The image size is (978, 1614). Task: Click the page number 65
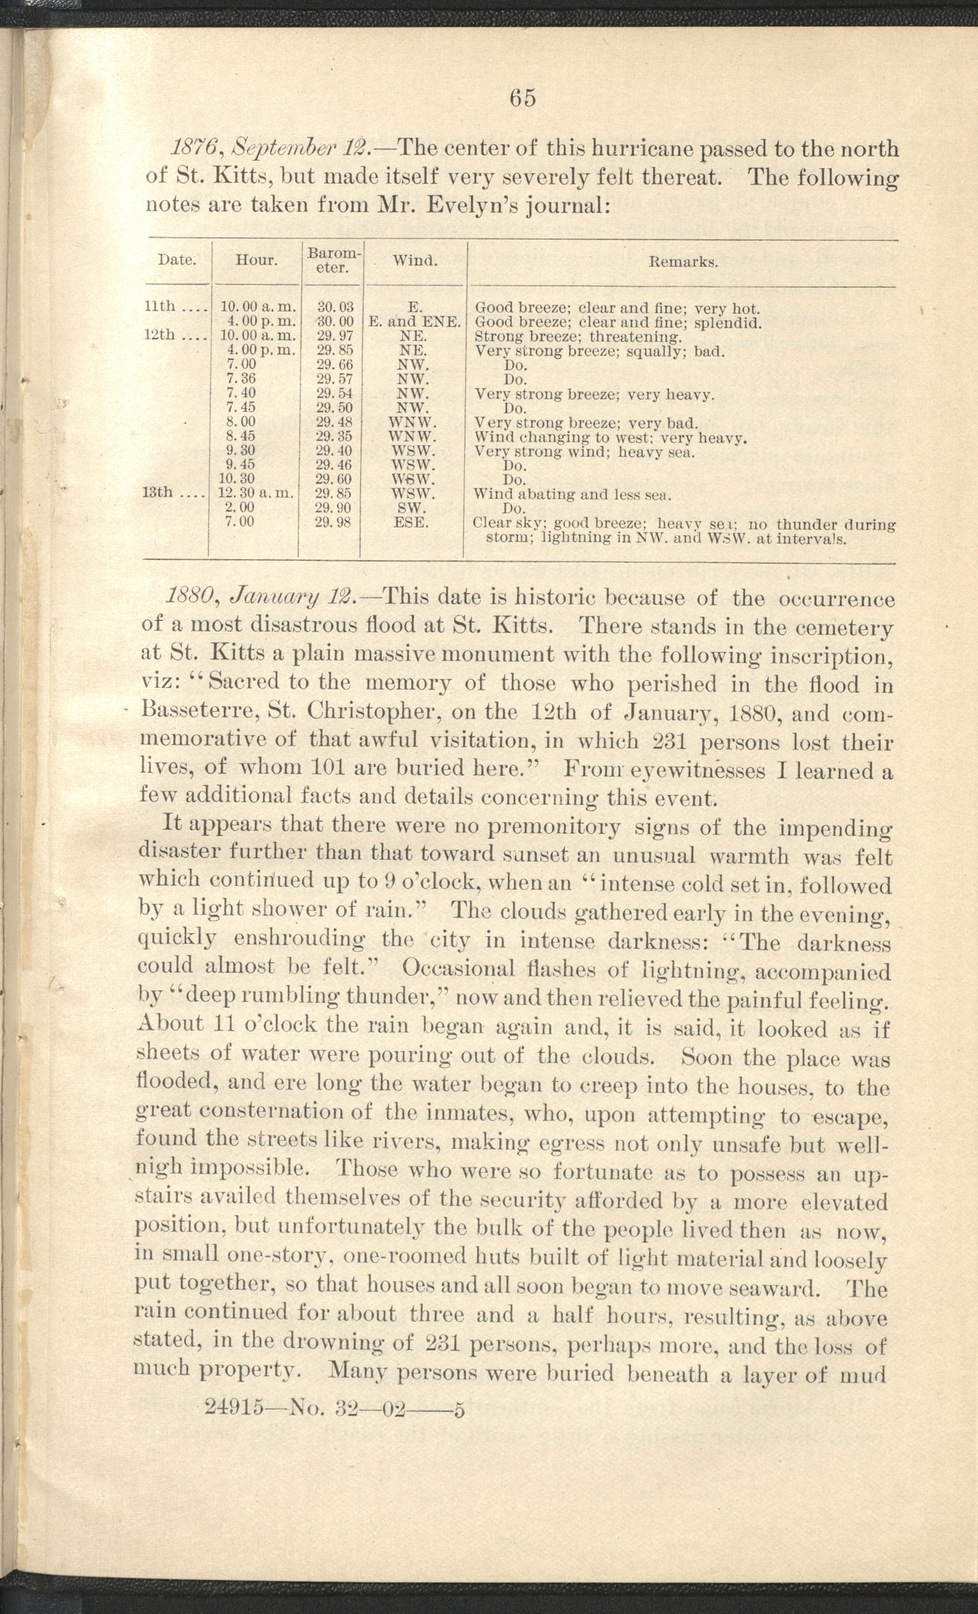pyautogui.click(x=523, y=98)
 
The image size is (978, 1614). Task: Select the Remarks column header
pyautogui.click(x=683, y=263)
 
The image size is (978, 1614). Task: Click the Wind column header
pyautogui.click(x=415, y=260)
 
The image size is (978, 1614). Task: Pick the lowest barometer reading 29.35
pyautogui.click(x=335, y=436)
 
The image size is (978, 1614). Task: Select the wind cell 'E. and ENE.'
pyautogui.click(x=415, y=322)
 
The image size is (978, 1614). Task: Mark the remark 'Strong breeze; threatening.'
pyautogui.click(x=578, y=336)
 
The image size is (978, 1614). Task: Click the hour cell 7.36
pyautogui.click(x=241, y=379)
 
